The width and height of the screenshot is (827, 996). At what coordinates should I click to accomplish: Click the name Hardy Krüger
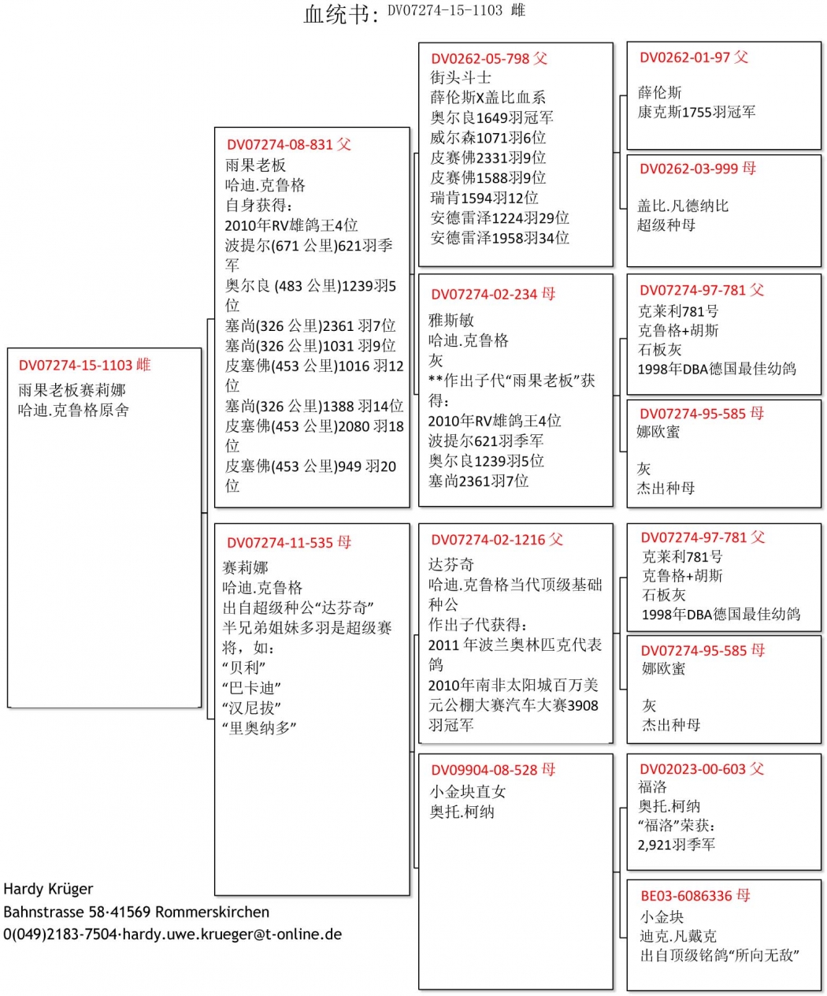pyautogui.click(x=48, y=889)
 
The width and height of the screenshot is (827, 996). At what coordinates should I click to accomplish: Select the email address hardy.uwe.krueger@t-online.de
pyautogui.click(x=232, y=935)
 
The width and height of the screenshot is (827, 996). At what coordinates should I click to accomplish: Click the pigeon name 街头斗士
pyautogui.click(x=461, y=78)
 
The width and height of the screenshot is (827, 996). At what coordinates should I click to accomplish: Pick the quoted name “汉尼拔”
pyautogui.click(x=251, y=708)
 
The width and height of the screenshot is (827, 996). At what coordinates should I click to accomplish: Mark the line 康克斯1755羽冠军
pyautogui.click(x=696, y=112)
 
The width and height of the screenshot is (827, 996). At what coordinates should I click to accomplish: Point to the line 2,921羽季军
pyautogui.click(x=677, y=845)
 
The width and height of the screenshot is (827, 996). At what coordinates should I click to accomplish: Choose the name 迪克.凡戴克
pyautogui.click(x=678, y=936)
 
